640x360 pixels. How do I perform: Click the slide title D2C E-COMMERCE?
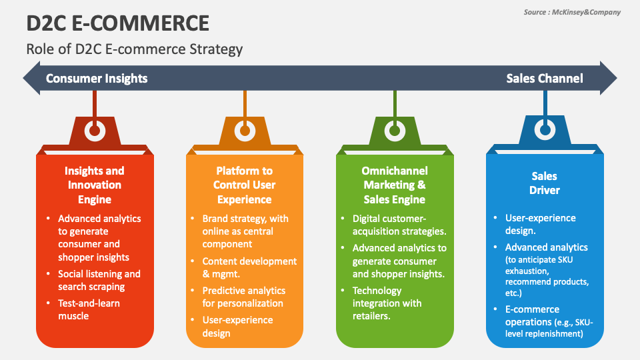coord(118,23)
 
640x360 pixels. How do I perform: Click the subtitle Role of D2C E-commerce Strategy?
coord(134,49)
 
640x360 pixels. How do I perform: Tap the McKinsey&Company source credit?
coord(571,12)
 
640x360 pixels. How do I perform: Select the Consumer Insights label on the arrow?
coord(97,79)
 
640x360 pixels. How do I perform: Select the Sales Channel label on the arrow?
coord(544,79)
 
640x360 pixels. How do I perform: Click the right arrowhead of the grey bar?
coord(607,79)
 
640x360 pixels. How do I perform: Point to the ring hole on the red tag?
coord(95,131)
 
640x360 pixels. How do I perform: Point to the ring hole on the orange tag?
coord(245,131)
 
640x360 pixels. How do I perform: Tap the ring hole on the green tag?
coord(395,131)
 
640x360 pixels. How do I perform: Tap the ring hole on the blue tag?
coord(545,128)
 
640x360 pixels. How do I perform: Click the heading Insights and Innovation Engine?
coord(95,185)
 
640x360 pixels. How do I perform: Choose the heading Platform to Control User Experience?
coord(244,185)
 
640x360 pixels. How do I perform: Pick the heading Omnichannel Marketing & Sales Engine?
coord(395,185)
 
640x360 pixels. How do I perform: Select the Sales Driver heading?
coord(545,183)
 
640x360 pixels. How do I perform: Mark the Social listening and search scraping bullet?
coord(99,280)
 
